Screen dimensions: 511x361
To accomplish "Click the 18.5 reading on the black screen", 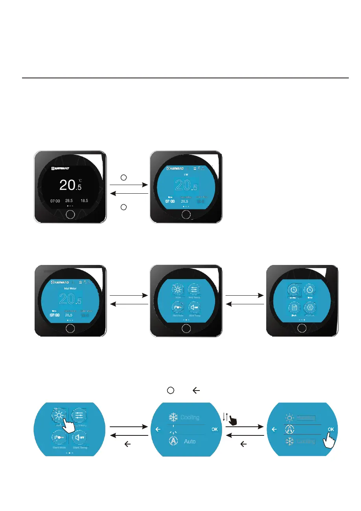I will (84, 200).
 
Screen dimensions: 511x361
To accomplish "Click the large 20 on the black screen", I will (67, 185).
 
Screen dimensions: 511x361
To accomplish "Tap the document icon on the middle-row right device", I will (293, 308).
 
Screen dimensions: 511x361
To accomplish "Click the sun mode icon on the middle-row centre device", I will (178, 290).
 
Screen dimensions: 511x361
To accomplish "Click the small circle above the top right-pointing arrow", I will (123, 177).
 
